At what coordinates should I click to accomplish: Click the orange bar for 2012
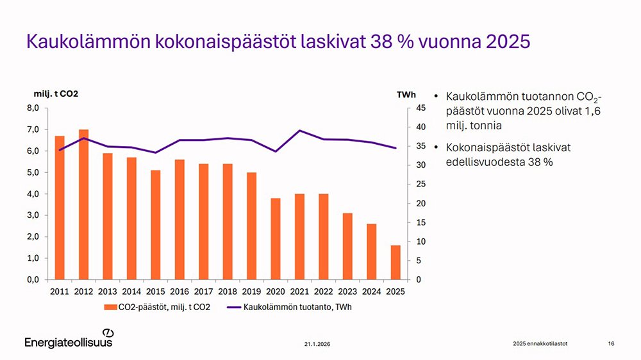[83, 204]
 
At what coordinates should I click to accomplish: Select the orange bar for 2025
[395, 263]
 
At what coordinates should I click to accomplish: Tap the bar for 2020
[276, 239]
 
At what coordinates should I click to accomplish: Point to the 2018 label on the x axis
[228, 291]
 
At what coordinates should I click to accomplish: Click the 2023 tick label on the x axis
[347, 291]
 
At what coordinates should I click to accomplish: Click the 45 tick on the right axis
[420, 108]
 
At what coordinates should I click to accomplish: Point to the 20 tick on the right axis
[420, 204]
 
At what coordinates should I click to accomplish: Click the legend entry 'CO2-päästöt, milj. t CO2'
[156, 307]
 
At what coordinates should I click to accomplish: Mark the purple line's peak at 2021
[300, 131]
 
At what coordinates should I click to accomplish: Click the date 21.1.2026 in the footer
[318, 345]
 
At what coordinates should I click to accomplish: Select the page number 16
[611, 345]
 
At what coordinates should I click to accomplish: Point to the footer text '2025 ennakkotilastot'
[540, 345]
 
